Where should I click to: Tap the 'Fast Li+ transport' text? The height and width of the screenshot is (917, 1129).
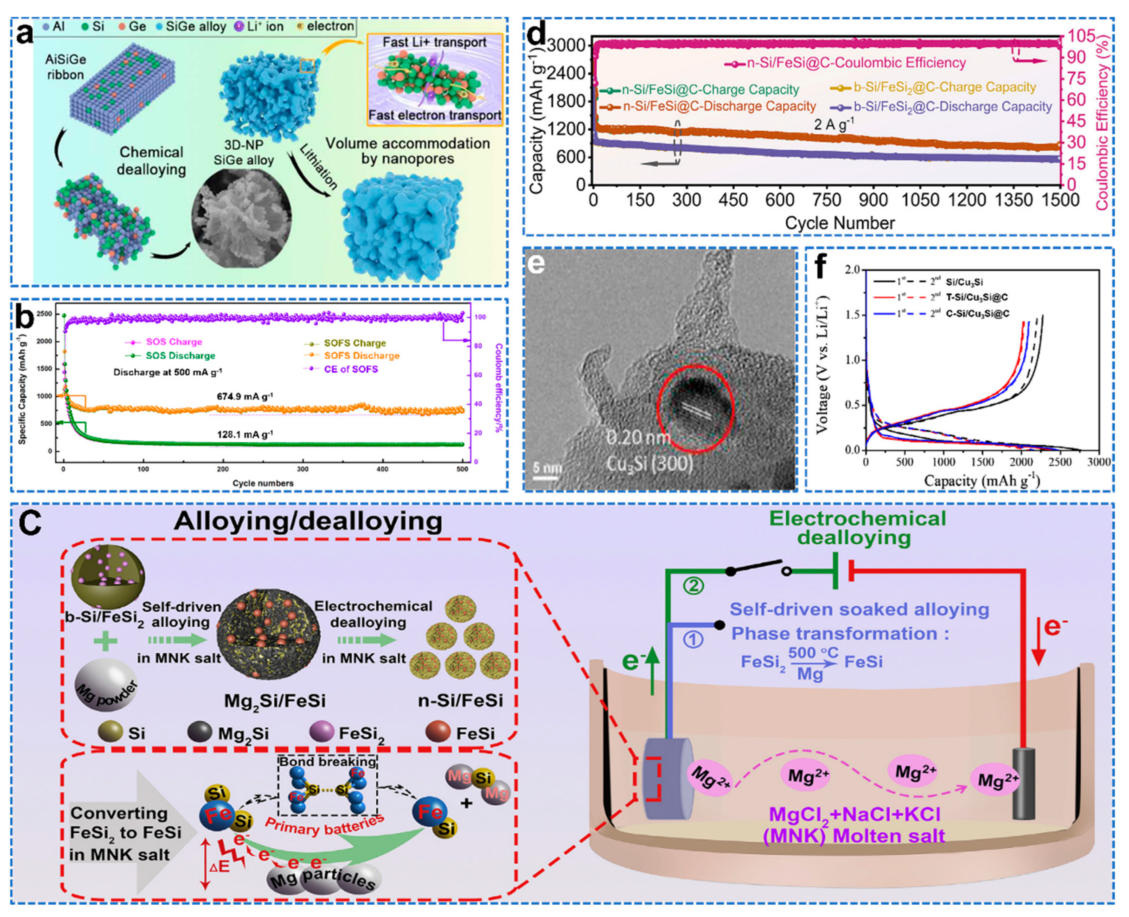tap(434, 42)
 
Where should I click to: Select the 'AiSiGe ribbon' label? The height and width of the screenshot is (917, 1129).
tap(65, 67)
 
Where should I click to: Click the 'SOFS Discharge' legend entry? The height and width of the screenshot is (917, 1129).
tap(361, 356)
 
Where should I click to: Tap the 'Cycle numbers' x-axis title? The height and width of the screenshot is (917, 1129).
tap(263, 483)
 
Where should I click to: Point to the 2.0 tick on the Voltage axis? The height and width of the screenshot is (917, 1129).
tap(852, 270)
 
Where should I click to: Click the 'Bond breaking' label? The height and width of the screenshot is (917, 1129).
tap(328, 761)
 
